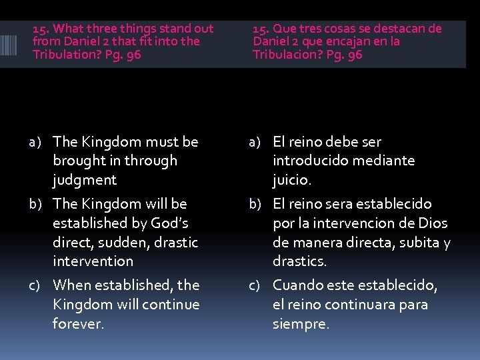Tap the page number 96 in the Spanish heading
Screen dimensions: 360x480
point(355,55)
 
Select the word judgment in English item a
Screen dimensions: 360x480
point(85,180)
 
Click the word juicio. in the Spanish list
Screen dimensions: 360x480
point(292,180)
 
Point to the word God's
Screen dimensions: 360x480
point(169,223)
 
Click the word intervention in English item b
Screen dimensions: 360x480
point(93,261)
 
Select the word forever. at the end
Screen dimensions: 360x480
point(79,325)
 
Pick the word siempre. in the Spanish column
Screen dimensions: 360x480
point(301,325)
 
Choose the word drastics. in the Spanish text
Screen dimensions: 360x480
point(299,261)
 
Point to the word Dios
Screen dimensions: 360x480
point(434,223)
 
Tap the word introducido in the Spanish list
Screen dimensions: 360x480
point(311,161)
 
